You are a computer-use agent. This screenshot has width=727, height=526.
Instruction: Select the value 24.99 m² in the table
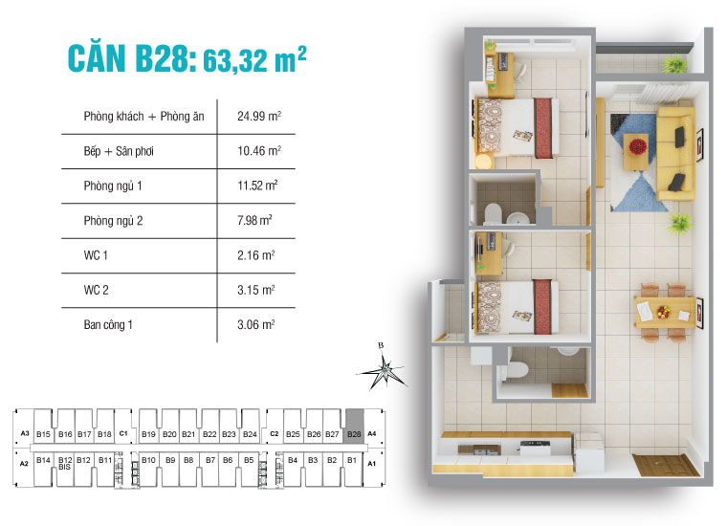coord(258,118)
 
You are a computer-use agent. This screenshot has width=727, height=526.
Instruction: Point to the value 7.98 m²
coord(255,220)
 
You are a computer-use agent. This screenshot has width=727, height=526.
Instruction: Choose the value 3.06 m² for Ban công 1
coord(256,324)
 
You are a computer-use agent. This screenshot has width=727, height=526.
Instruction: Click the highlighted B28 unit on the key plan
coord(354,434)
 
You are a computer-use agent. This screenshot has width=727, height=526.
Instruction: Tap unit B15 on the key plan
coord(43,435)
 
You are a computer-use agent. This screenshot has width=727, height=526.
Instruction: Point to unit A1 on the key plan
coord(372,463)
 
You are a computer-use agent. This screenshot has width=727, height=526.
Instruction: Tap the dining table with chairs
coord(664,310)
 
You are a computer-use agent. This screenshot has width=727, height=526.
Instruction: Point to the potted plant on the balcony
coord(676,63)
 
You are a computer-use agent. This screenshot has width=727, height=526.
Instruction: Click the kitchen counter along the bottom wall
coord(505,446)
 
